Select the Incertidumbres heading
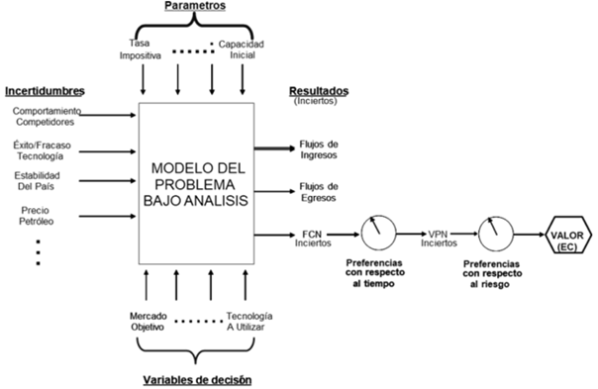[42, 92]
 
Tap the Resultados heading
[319, 91]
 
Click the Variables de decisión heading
[197, 379]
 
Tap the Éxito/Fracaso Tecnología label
[41, 150]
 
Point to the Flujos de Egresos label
[319, 190]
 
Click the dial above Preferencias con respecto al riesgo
[495, 235]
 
